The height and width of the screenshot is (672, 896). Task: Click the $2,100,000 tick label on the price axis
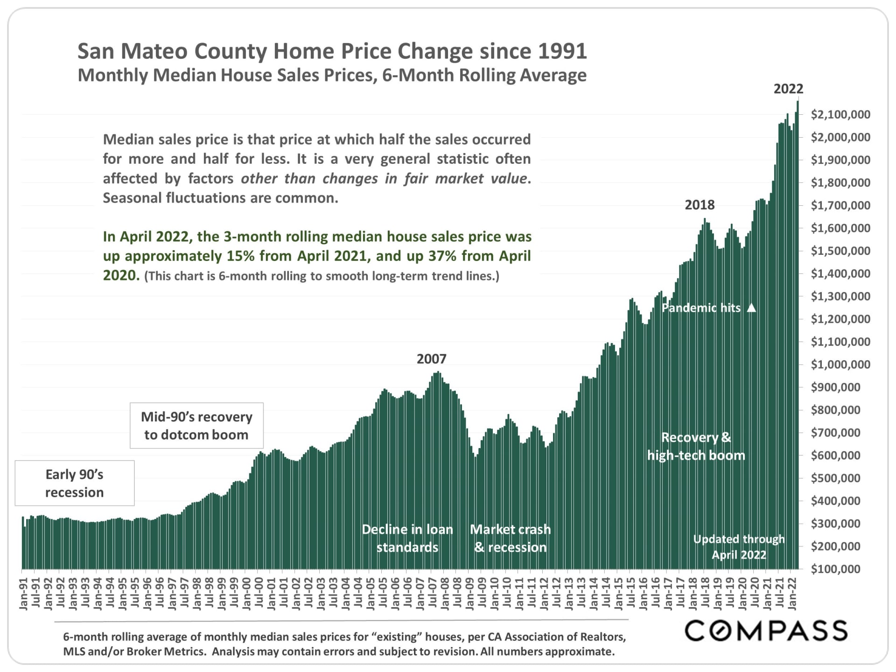(x=840, y=114)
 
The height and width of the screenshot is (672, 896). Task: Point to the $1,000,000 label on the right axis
(x=840, y=364)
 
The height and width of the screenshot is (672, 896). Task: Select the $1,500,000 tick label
(x=840, y=251)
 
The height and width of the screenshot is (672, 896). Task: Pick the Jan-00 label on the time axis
(x=246, y=594)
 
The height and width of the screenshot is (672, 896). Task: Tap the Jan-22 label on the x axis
(x=792, y=594)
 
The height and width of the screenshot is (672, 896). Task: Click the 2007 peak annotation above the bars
(x=431, y=359)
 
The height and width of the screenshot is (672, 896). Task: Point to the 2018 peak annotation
(x=699, y=205)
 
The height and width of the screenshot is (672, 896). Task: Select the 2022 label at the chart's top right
(x=788, y=89)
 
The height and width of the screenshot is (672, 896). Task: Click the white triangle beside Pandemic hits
(x=751, y=308)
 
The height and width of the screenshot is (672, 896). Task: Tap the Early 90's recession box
(x=75, y=483)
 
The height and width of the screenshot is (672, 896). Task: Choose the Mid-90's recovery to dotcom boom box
(x=196, y=426)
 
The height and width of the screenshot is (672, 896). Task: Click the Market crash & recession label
(x=510, y=538)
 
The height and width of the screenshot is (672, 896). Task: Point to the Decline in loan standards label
(x=407, y=538)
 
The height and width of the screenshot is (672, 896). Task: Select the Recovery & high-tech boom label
(x=696, y=446)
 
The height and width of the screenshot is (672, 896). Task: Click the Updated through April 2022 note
(x=739, y=546)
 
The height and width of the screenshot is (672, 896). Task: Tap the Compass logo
(x=766, y=630)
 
